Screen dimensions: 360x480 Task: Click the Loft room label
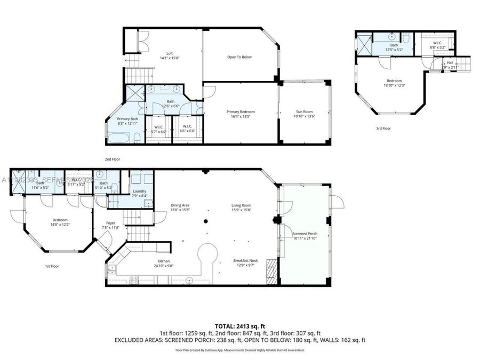(170, 53)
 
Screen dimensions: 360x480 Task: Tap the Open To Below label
(239, 57)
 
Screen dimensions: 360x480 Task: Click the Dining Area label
(180, 205)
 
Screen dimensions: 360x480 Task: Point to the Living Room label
(241, 205)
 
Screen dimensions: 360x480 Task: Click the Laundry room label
(140, 191)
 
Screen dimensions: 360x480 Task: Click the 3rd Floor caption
(383, 128)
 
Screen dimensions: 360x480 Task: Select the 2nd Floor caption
(112, 159)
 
